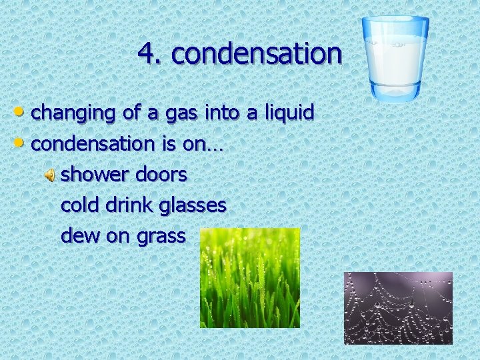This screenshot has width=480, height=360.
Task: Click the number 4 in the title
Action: click(146, 54)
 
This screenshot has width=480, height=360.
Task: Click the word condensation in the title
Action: click(257, 54)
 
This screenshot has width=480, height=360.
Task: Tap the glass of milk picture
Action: click(396, 59)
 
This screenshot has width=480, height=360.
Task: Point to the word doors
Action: click(161, 175)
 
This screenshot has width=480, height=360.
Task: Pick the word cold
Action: click(80, 205)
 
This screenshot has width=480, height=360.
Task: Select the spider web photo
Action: click(398, 308)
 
